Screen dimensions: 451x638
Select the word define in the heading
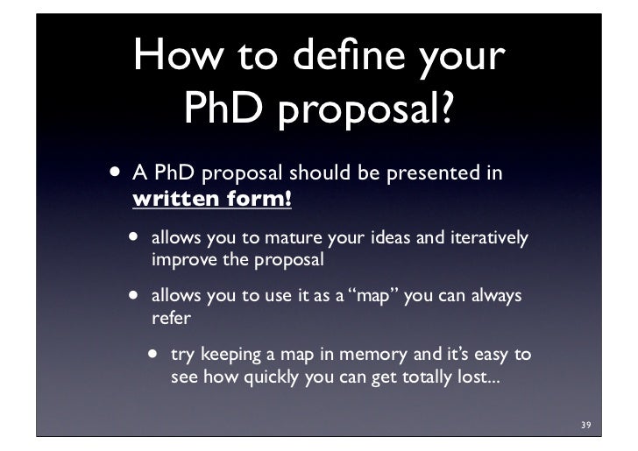coord(338,57)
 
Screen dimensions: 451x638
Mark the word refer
coord(171,318)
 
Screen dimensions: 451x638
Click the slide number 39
coord(585,426)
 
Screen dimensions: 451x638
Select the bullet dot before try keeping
coord(154,355)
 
